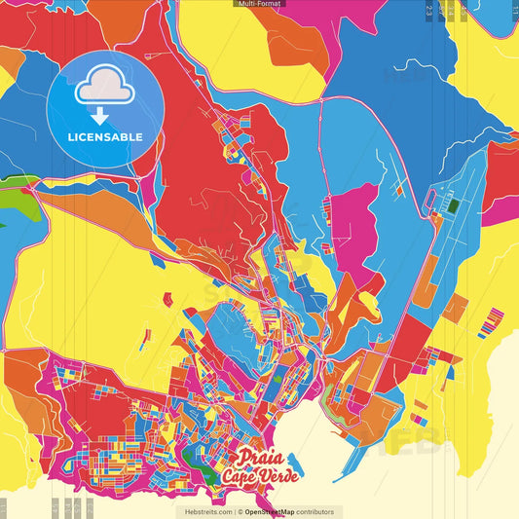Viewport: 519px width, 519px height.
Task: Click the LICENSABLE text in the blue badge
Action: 105,137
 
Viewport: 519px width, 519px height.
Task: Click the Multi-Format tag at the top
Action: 259,4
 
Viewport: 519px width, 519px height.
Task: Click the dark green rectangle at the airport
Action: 453,205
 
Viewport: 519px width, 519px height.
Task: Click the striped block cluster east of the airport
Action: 491,322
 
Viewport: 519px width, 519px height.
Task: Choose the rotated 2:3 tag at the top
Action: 429,10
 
